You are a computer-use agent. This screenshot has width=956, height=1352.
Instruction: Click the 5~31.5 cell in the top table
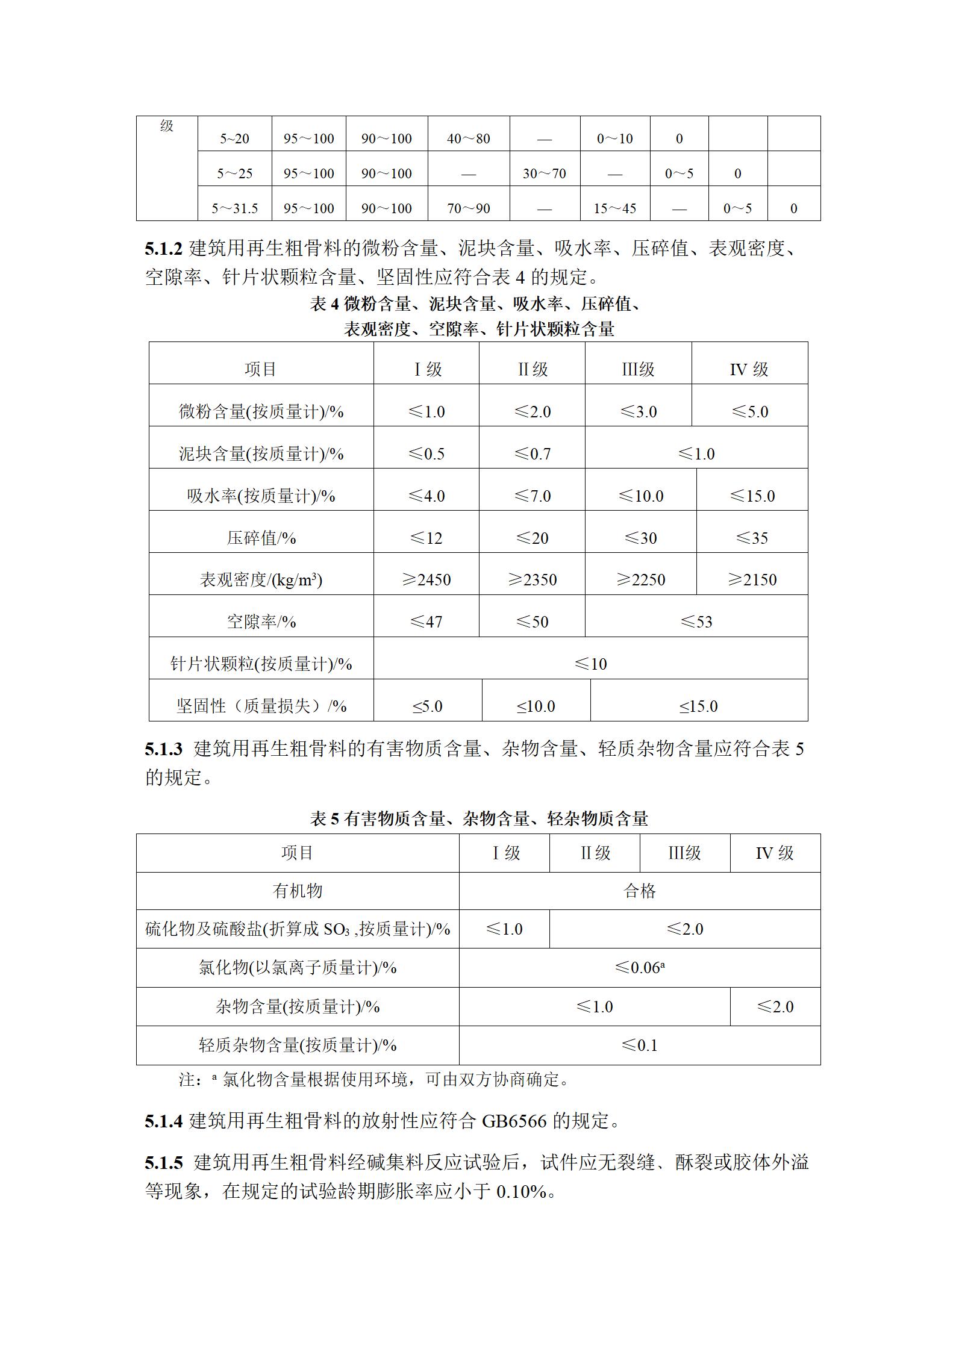(x=234, y=208)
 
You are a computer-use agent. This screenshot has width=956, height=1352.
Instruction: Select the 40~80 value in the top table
(x=468, y=139)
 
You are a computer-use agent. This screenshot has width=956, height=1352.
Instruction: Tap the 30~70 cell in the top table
(x=544, y=173)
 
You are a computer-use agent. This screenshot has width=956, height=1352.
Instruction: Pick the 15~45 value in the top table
(x=614, y=208)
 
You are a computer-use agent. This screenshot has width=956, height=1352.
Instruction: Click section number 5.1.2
(x=163, y=248)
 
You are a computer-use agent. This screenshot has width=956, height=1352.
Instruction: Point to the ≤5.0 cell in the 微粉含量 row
(x=749, y=411)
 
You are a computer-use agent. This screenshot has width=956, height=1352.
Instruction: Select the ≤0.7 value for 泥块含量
(x=532, y=453)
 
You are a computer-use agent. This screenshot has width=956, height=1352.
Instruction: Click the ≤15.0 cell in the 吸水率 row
(x=752, y=496)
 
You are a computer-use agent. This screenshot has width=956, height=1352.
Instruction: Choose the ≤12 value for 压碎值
(x=426, y=538)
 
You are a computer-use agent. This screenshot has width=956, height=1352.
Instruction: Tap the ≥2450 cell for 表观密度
(x=426, y=579)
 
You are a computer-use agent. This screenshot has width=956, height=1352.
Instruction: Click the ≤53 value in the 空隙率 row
(x=696, y=621)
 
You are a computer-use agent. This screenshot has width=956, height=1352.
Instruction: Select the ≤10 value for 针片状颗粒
(x=590, y=664)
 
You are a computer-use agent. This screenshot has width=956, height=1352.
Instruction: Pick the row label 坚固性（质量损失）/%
(x=261, y=706)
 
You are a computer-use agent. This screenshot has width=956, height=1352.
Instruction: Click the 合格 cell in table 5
(x=639, y=891)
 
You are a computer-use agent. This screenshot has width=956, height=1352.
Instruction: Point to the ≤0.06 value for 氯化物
(x=639, y=968)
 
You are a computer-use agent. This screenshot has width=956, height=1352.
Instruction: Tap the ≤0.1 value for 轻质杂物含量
(x=639, y=1045)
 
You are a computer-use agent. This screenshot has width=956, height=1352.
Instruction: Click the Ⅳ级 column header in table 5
(x=775, y=853)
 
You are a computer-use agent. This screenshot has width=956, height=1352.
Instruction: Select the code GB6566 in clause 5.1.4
(x=514, y=1121)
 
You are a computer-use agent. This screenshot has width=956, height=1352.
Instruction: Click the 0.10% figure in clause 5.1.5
(x=521, y=1191)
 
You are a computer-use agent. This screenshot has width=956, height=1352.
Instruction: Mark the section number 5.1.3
(x=163, y=749)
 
